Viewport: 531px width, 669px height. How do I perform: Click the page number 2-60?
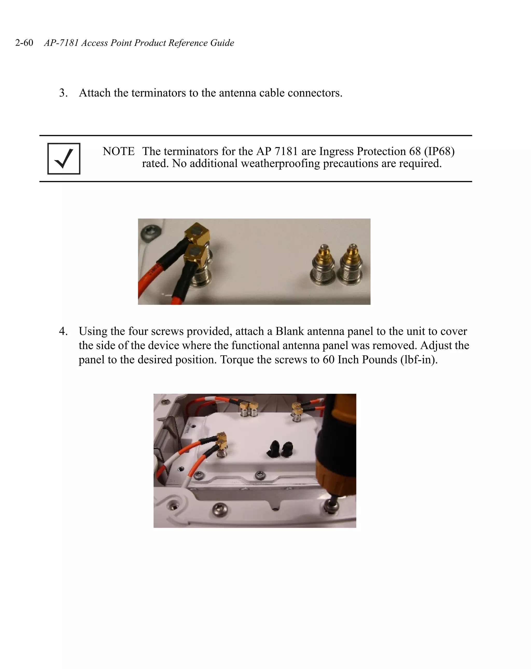pos(24,43)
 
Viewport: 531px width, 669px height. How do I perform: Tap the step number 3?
pos(63,93)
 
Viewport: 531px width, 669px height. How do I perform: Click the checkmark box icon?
pos(64,158)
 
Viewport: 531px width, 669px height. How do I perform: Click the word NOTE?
pos(118,151)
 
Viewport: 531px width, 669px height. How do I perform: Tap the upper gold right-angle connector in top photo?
pos(198,233)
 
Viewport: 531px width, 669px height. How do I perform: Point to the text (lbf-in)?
pos(419,360)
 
